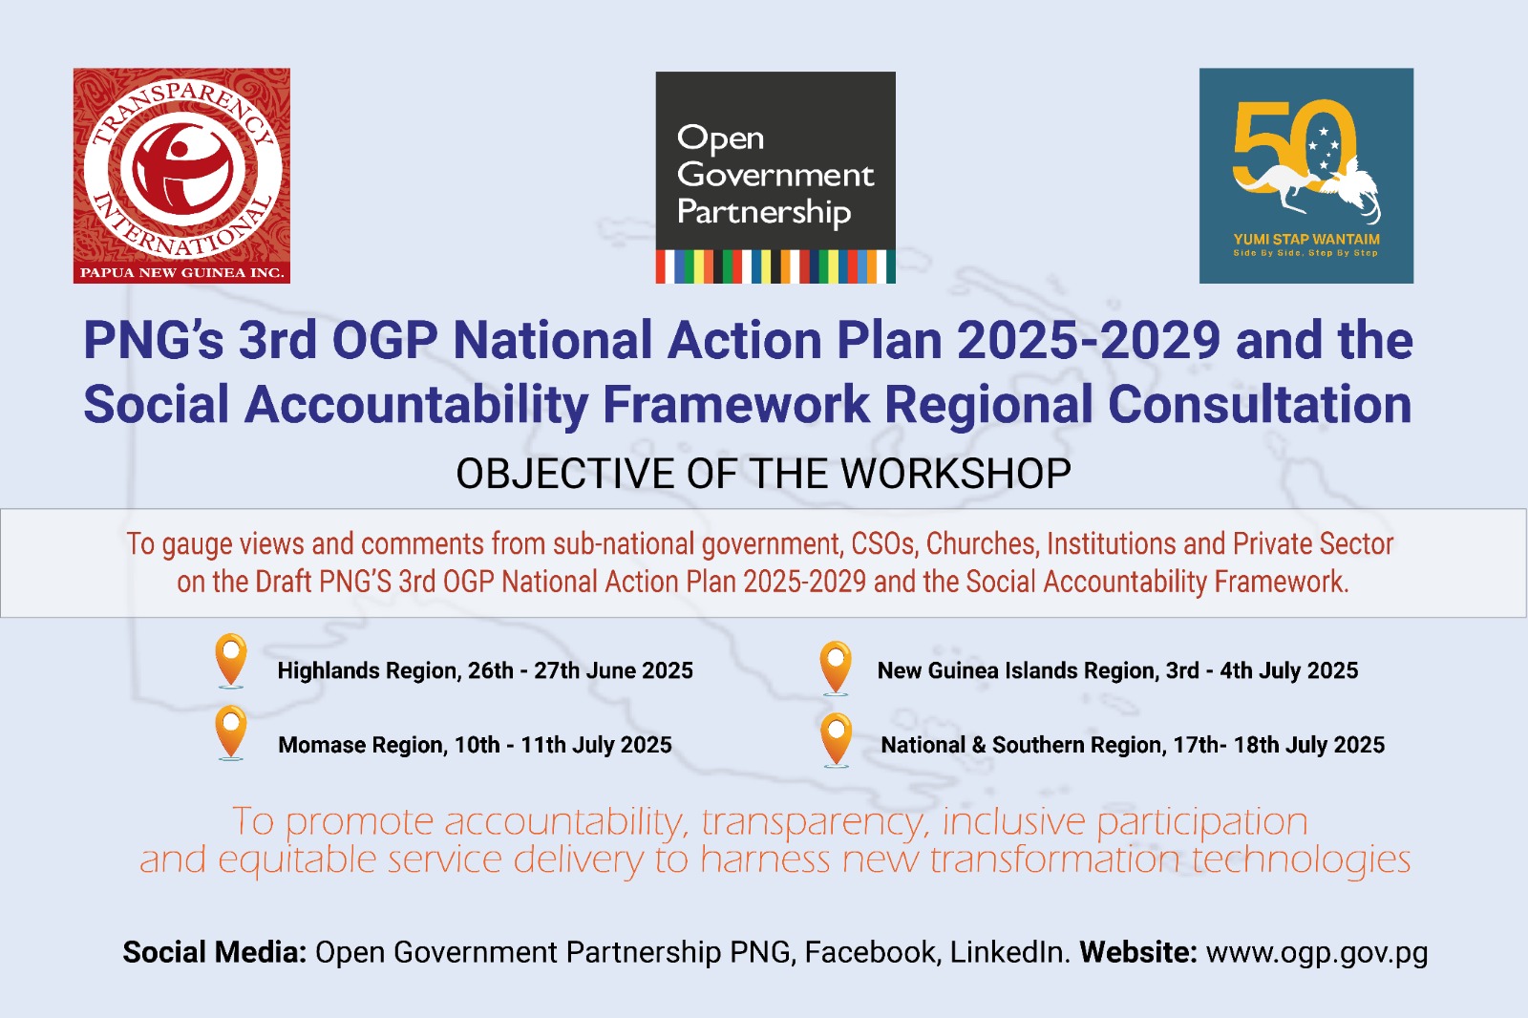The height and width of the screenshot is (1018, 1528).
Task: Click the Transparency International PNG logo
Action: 181,176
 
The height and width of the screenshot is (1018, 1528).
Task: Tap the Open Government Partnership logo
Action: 775,178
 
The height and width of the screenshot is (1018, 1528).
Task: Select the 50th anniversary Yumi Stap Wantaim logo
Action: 1306,176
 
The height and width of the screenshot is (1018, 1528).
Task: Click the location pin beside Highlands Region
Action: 230,661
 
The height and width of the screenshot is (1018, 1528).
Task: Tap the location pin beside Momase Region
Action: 230,732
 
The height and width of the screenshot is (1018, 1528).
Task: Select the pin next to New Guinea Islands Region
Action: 836,668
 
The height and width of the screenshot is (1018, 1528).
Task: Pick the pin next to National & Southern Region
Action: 837,740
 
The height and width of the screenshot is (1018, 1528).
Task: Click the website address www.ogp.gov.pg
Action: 1317,953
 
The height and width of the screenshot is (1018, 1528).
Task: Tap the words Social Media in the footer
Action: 214,952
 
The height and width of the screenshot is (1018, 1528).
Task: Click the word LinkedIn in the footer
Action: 1009,952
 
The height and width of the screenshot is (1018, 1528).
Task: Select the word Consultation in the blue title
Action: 1260,404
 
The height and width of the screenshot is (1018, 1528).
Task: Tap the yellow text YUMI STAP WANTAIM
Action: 1306,240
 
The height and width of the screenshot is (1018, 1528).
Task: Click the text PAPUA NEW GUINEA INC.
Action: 181,273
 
